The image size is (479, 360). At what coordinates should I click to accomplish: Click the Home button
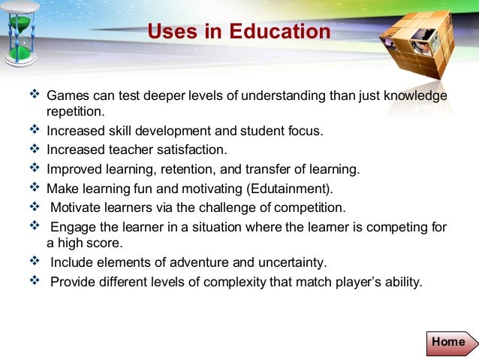tap(449, 342)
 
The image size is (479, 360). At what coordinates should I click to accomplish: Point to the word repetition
tap(73, 112)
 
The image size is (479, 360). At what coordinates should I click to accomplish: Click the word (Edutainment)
tap(297, 188)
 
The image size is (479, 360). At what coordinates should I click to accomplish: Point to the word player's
tap(358, 283)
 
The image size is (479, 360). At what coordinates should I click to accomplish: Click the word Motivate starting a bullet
tap(77, 207)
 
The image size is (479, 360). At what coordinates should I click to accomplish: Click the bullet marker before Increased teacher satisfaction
tap(35, 149)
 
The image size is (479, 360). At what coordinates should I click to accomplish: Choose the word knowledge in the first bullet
tap(415, 96)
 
